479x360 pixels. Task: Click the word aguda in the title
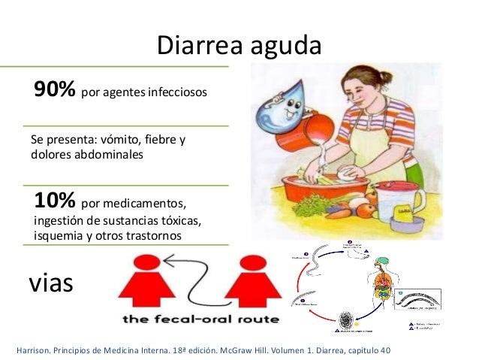click(x=286, y=47)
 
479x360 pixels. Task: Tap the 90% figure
click(x=54, y=91)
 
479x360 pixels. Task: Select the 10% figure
click(x=54, y=201)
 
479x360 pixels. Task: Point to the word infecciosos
click(x=176, y=94)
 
